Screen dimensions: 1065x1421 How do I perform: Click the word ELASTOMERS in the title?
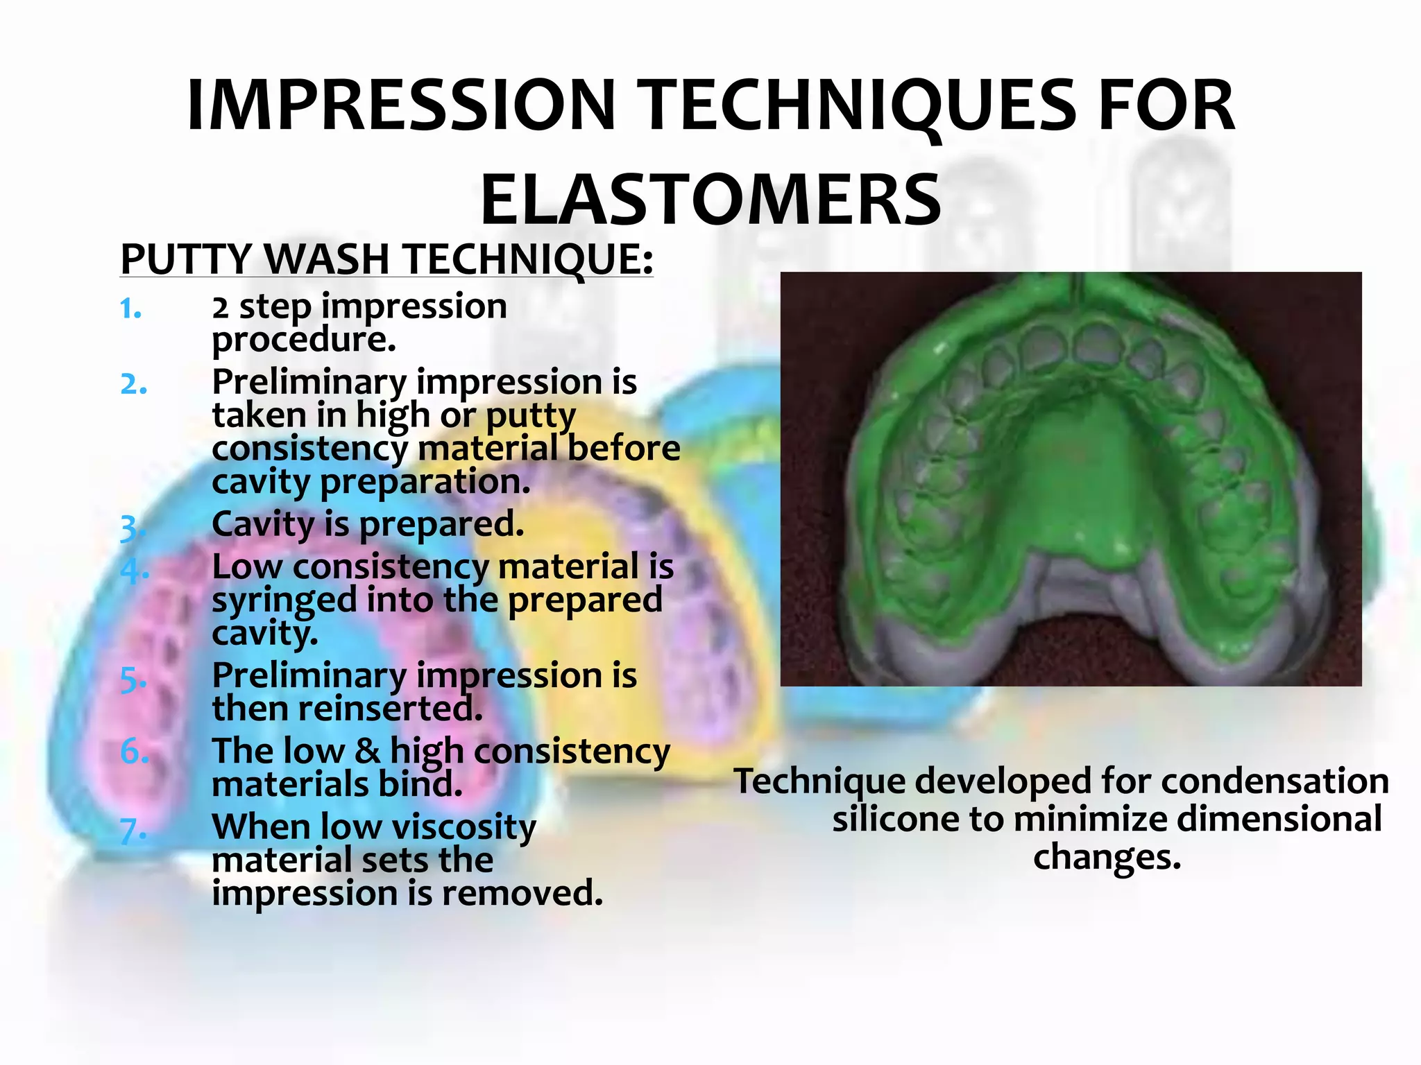coord(710,201)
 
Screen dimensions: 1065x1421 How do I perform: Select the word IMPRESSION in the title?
coord(401,106)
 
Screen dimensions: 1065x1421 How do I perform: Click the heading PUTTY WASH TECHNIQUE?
coord(386,259)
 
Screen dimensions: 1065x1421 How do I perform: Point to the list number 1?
coord(130,309)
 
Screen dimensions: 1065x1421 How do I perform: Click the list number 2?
coord(133,384)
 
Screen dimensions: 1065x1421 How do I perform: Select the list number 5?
coord(133,679)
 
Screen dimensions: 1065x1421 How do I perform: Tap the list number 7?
coord(133,831)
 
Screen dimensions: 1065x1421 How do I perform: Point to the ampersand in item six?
coord(367,752)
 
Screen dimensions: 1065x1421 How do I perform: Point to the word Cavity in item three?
coord(262,524)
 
